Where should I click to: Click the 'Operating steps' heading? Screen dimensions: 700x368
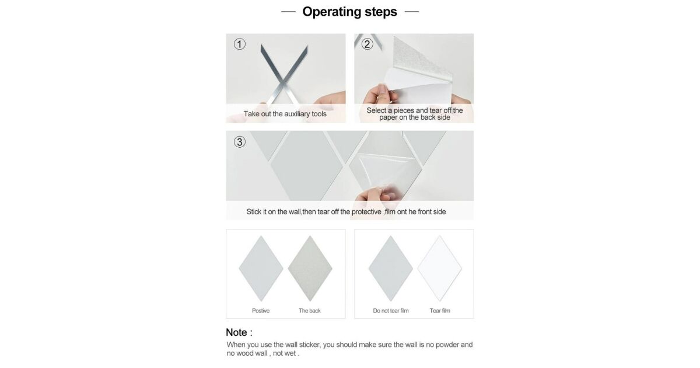pos(349,12)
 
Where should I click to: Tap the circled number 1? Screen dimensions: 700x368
pos(240,44)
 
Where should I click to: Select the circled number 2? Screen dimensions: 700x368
pos(367,44)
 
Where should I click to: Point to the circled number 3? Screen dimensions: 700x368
pos(240,142)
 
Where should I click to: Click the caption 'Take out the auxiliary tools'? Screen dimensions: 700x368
pos(285,114)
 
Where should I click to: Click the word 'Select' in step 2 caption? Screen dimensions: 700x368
pos(376,110)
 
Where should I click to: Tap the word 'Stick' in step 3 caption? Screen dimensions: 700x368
pos(254,212)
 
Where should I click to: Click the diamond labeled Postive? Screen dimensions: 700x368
pos(261,269)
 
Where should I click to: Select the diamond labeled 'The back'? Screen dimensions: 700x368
pos(310,269)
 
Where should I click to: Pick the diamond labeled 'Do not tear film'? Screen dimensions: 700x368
pos(390,269)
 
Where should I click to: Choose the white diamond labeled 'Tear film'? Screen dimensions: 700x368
pos(440,269)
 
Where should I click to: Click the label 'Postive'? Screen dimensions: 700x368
pos(261,311)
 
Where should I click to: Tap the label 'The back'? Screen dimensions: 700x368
pos(310,311)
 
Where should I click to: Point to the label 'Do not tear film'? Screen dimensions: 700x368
pos(391,311)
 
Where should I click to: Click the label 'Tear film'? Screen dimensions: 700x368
pos(440,311)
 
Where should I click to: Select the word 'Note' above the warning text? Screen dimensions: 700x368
pos(237,332)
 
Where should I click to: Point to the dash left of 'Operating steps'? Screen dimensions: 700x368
pos(288,12)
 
